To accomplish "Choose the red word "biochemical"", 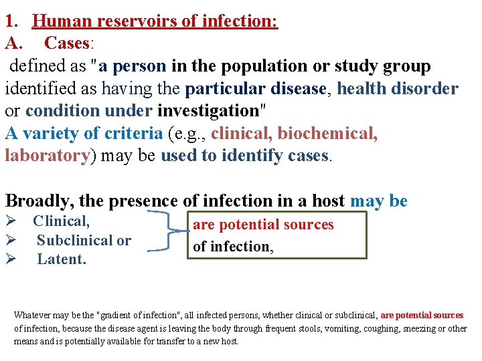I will pyautogui.click(x=327, y=133).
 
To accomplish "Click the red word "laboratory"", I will pyautogui.click(x=48, y=156).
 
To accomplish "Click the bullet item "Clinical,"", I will pyautogui.click(x=62, y=221).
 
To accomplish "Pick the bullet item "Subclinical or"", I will pyautogui.click(x=84, y=240).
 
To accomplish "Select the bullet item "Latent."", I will pyautogui.click(x=62, y=259).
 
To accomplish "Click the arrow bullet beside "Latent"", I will pyautogui.click(x=11, y=259).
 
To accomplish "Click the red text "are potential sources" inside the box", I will pyautogui.click(x=263, y=225).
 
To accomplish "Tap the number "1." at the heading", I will pyautogui.click(x=14, y=21).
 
